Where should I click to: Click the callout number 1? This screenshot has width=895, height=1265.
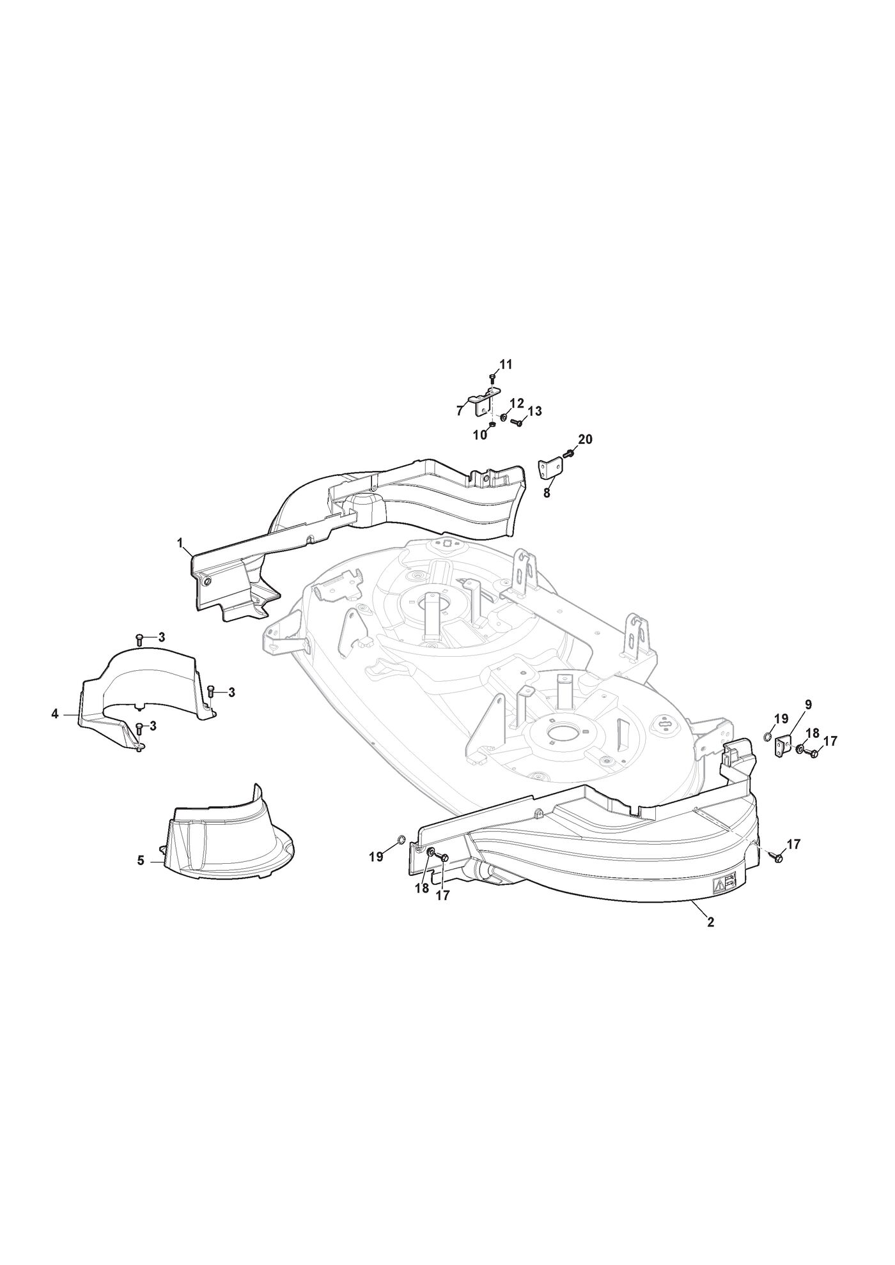[180, 543]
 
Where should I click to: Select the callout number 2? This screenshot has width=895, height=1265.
[710, 923]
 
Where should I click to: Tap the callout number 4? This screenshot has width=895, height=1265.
[55, 714]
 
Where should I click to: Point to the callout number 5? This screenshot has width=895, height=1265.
[141, 861]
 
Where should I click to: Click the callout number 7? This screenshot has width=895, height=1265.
[460, 410]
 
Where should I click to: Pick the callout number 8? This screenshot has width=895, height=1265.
[547, 493]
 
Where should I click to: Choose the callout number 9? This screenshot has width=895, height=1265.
[808, 705]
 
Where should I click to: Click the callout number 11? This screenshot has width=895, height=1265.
[506, 365]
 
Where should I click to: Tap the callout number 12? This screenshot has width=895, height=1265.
[517, 403]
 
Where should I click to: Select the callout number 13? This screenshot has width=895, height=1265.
[534, 411]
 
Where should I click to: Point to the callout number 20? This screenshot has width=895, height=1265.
[585, 440]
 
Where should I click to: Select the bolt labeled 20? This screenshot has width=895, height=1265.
[568, 453]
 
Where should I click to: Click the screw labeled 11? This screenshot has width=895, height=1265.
[491, 379]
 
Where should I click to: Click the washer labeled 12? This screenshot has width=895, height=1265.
[504, 417]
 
